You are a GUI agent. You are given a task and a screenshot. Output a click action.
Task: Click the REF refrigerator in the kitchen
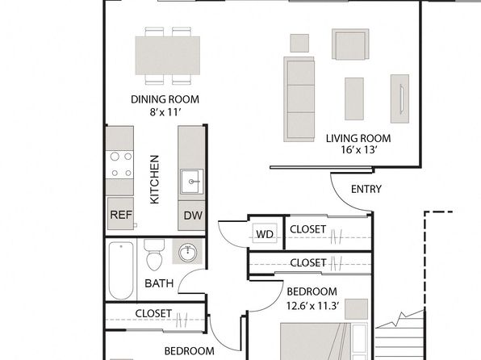[120, 214]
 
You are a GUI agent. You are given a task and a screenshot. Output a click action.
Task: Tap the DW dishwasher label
[193, 216]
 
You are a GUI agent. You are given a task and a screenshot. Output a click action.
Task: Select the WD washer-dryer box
[265, 234]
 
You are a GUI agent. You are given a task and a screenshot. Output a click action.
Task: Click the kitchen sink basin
[192, 182]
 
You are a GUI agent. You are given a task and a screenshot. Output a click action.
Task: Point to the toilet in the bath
[154, 255]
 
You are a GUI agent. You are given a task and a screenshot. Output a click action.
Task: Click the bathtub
[121, 270]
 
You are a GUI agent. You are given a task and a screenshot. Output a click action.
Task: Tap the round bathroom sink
[187, 253]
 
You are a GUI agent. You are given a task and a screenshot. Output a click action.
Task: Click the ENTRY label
[366, 189]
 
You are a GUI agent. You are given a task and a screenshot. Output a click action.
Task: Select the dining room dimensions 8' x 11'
[165, 112]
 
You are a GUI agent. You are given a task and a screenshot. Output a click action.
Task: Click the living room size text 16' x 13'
[358, 150]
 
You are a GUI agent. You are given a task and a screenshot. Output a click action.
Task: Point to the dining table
[168, 56]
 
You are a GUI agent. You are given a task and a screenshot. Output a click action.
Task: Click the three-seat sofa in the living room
[299, 99]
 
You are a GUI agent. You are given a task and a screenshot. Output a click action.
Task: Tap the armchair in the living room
[350, 44]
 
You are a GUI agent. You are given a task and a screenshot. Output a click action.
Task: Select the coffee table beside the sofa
[354, 98]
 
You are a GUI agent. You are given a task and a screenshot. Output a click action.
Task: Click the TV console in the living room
[399, 98]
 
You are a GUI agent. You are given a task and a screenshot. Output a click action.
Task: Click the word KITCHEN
[155, 179]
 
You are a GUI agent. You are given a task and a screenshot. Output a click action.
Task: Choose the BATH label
[159, 283]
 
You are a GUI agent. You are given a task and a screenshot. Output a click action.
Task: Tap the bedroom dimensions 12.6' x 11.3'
[312, 306]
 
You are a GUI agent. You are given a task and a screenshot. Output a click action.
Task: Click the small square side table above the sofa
[299, 43]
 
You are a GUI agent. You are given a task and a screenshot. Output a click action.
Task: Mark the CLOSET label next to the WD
[307, 229]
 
